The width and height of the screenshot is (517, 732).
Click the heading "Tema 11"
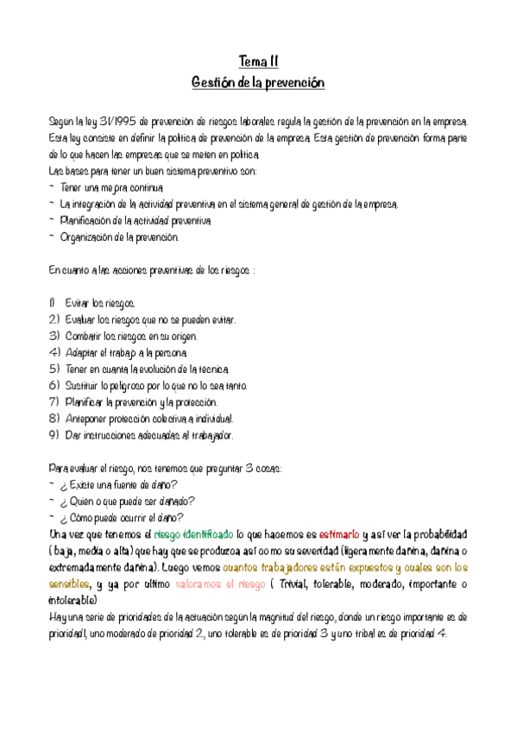258,60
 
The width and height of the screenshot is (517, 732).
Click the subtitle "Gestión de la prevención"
258,83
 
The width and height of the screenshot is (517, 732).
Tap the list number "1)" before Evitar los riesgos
53,303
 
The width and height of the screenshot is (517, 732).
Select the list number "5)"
54,369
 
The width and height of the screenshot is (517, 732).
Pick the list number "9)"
54,435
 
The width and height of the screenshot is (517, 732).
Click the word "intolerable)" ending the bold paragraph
73,600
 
